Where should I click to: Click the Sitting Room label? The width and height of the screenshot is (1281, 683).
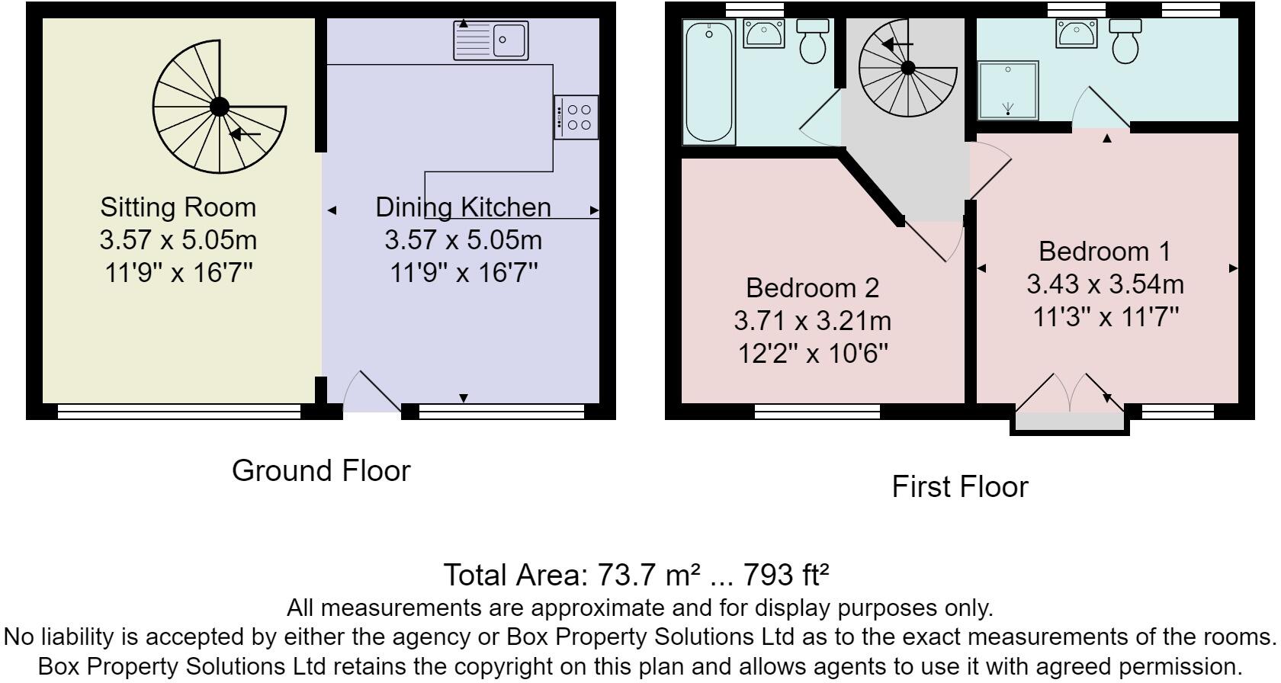pos(178,207)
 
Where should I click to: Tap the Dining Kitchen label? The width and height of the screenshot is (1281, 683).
pos(463,207)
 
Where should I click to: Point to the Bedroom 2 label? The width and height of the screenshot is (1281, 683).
pos(812,287)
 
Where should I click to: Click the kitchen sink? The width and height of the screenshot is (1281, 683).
pos(490,40)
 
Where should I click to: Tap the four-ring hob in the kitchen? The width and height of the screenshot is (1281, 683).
pos(577,117)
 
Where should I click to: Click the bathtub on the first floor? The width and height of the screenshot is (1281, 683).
pos(710,81)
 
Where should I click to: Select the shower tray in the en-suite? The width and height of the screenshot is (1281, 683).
pos(1008,90)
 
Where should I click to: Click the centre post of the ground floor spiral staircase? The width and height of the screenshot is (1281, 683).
pos(220,106)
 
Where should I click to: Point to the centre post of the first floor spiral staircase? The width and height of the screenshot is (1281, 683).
pos(908,68)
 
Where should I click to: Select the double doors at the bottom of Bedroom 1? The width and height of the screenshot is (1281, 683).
pos(1070,393)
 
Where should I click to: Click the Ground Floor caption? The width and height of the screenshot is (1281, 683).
pos(321,471)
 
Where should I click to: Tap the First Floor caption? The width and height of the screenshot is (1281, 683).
pos(959,486)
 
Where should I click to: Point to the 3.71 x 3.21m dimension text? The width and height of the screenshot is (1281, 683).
pos(812,321)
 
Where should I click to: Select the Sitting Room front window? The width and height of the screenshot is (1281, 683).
pos(179,412)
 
